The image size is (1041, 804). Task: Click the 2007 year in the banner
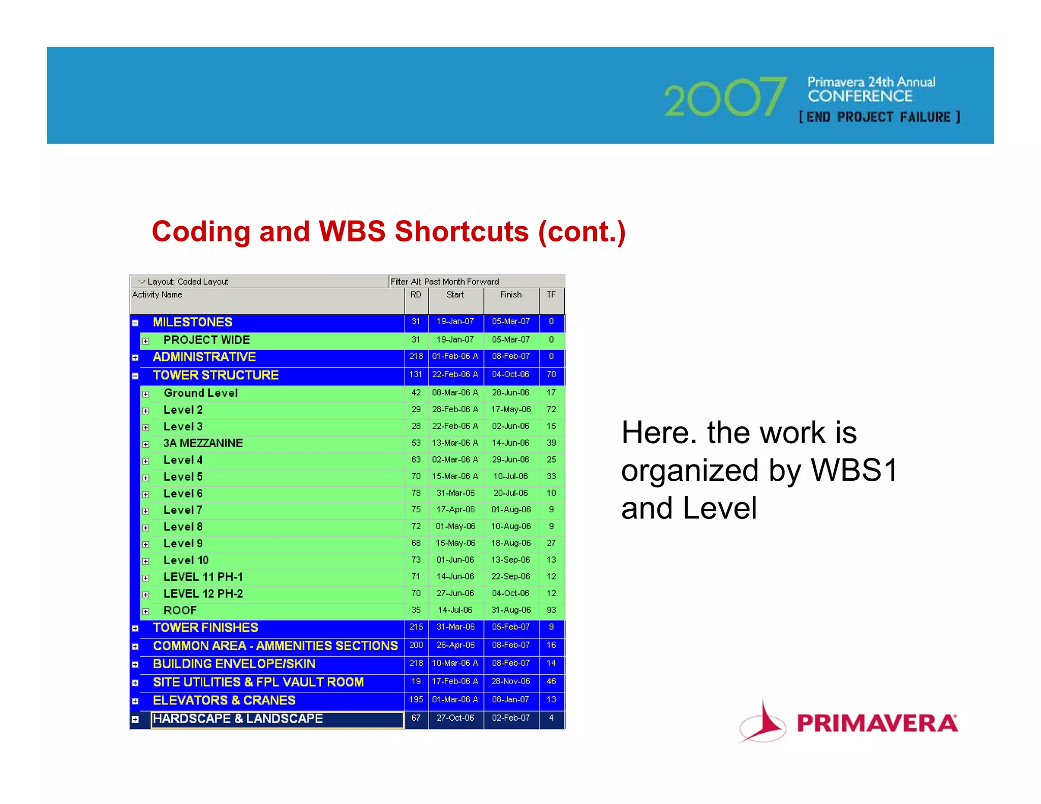click(x=724, y=98)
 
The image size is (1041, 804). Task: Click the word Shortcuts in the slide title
click(x=462, y=232)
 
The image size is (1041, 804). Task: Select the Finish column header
click(x=510, y=295)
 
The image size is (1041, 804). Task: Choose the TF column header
click(x=551, y=295)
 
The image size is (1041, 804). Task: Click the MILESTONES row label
click(x=192, y=322)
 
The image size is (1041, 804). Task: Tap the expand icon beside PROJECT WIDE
click(x=146, y=341)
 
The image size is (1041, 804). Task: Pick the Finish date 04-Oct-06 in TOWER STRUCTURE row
click(x=510, y=375)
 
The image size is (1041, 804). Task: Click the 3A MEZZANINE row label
click(x=203, y=443)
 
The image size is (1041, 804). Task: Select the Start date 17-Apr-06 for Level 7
click(x=455, y=510)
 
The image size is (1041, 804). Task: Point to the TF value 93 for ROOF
click(x=551, y=610)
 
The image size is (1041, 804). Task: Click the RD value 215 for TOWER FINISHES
click(x=416, y=627)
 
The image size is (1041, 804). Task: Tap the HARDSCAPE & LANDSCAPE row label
click(x=237, y=719)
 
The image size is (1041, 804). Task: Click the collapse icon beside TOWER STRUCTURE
click(x=135, y=376)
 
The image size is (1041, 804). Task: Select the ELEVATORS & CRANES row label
click(x=224, y=700)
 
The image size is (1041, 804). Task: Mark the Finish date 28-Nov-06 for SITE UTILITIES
click(x=510, y=682)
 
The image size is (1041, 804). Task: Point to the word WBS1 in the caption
click(x=854, y=470)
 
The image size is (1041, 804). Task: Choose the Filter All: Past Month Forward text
click(x=444, y=282)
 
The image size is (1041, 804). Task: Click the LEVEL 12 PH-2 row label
click(x=203, y=594)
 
